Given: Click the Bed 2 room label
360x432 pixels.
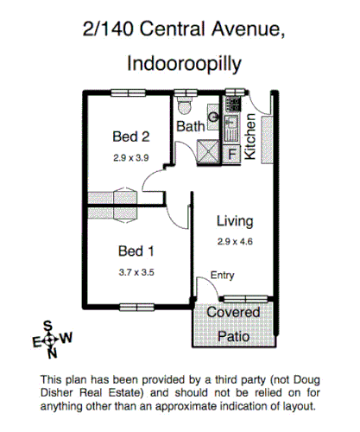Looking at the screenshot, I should (131, 137).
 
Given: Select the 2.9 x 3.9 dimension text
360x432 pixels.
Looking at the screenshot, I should (131, 158).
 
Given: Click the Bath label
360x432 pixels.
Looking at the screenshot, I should (191, 127).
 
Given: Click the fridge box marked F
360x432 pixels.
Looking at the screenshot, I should (231, 155).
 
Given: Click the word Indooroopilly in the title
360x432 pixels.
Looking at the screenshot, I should (180, 62).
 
